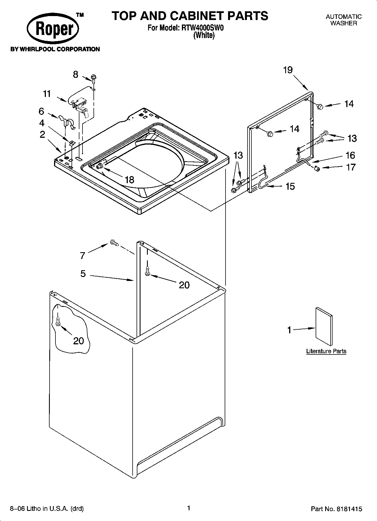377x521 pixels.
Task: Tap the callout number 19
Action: [x=288, y=70]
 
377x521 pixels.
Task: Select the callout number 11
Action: [x=47, y=94]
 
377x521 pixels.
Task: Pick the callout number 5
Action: [x=83, y=273]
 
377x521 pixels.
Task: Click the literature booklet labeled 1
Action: [x=324, y=326]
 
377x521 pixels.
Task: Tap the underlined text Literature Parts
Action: [x=326, y=351]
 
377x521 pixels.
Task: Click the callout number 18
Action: [x=129, y=180]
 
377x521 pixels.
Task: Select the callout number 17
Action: [x=351, y=167]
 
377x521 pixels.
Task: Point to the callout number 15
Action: [x=290, y=186]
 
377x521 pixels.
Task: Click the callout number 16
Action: [x=350, y=155]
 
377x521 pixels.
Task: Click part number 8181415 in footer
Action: [x=348, y=509]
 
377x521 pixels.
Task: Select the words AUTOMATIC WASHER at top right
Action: [x=343, y=20]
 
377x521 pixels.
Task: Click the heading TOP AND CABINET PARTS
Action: [x=190, y=16]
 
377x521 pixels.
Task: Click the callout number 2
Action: [x=42, y=134]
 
